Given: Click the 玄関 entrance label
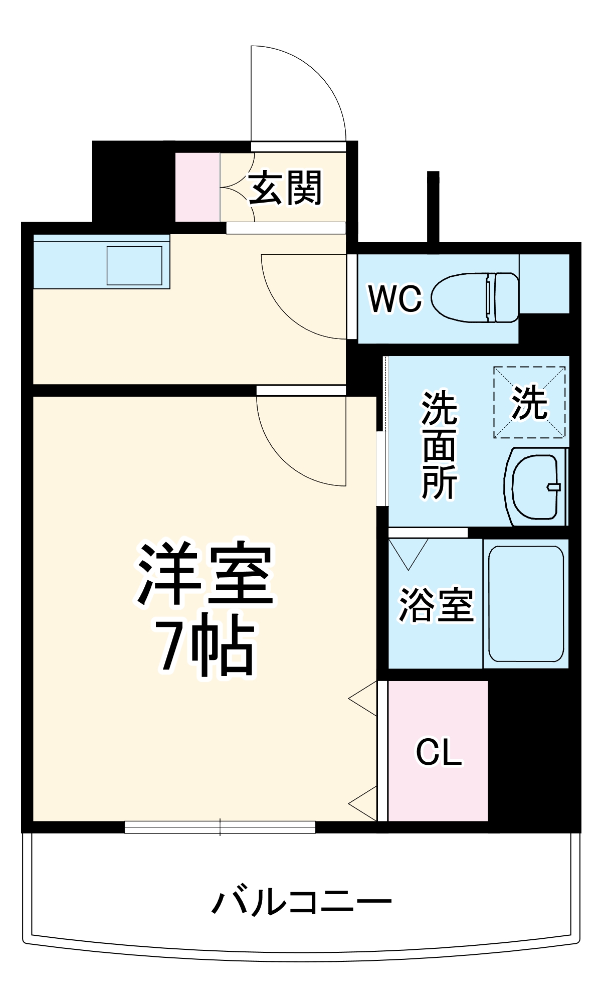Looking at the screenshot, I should coord(285,188).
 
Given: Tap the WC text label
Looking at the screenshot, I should coord(395,299).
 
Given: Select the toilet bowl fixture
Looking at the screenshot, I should coord(474,297).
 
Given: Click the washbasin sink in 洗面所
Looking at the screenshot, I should coord(536,486).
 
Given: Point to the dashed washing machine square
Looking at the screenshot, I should coord(529,402).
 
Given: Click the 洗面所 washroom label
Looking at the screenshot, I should coord(439,445).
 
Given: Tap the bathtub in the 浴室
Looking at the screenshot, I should coord(526,604).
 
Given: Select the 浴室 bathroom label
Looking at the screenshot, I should coord(436,605).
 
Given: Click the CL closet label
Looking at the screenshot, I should coord(439,751).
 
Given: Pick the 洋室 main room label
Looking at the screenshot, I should coord(206,573).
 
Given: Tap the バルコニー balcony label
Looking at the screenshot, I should coord(301,903).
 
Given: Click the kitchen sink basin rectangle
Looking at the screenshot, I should coord(134,265).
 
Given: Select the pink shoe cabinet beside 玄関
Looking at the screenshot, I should coord(197,187).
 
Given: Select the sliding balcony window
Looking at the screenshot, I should coord(220,827).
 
